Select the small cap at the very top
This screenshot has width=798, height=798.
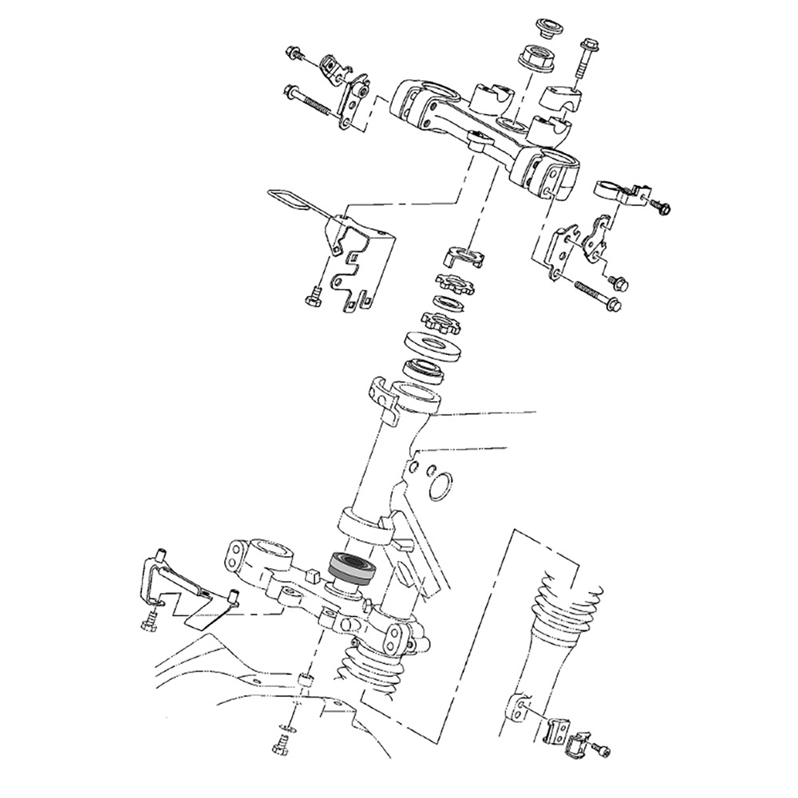click(547, 24)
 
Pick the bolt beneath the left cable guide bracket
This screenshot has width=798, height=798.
click(312, 298)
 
